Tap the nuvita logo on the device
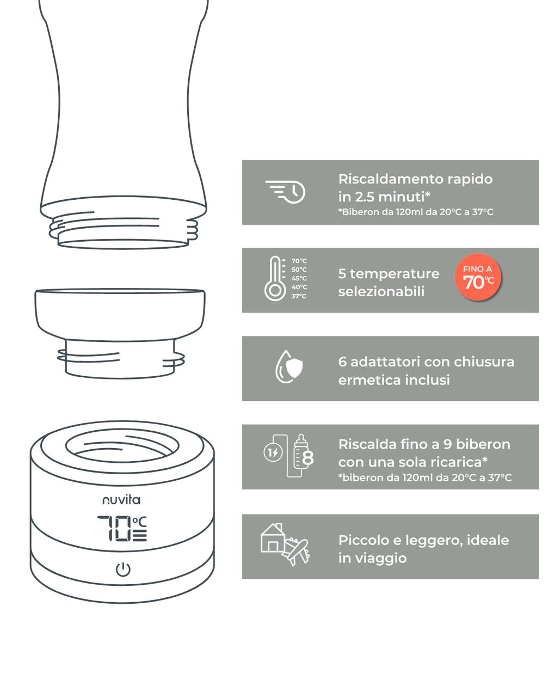coord(121,500)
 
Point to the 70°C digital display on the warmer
coord(122,529)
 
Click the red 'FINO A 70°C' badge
coord(478,277)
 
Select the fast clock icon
coord(285,192)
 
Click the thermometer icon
coord(275,278)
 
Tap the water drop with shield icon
coord(289,366)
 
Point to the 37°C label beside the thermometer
coord(299,296)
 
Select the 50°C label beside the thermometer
coord(299,270)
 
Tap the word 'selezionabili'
coord(381,291)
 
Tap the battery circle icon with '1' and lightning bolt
coord(273,452)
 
